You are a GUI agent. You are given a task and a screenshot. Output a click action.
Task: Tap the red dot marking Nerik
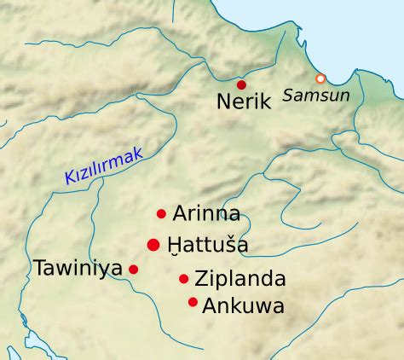[x=241, y=84]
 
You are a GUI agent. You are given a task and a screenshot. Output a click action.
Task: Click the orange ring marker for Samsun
[x=320, y=78]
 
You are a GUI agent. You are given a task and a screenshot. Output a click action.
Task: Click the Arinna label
[x=206, y=213]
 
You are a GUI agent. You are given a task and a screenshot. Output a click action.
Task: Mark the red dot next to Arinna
[x=161, y=213]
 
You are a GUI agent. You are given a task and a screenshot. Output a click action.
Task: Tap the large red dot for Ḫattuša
[x=153, y=245]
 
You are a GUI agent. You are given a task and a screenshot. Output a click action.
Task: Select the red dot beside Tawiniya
[x=133, y=269]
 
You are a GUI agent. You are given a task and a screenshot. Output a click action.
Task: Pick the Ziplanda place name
[x=240, y=279]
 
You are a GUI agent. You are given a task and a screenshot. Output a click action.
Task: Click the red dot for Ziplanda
[x=183, y=278]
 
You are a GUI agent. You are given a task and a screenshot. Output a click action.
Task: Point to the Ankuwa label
[x=243, y=305]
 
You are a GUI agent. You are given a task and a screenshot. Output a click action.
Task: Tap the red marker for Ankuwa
[x=193, y=301]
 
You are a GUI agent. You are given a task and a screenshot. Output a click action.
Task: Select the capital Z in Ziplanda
[x=201, y=279]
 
